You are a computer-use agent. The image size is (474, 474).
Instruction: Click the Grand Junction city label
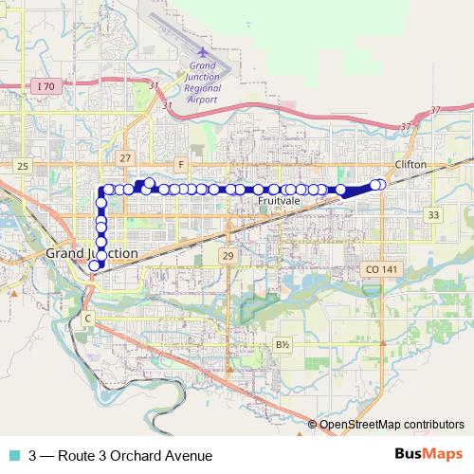point(92,254)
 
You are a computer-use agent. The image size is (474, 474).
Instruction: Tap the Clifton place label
point(410,164)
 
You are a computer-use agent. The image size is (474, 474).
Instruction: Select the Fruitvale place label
point(279,202)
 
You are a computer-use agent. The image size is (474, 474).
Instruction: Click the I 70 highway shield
point(45,86)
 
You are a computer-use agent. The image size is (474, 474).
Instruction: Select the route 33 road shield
point(433,215)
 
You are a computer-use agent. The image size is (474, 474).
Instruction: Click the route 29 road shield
point(228,256)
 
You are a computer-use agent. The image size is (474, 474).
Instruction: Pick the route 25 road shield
point(24,166)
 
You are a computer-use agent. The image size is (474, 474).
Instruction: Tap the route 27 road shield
point(126,157)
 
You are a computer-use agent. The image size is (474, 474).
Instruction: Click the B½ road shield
point(282,344)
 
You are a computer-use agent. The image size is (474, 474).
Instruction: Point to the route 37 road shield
point(408,126)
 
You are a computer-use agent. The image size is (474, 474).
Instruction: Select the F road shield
point(180,163)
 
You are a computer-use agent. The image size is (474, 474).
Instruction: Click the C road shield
point(87,318)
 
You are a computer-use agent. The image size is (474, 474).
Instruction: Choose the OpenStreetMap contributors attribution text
point(392,425)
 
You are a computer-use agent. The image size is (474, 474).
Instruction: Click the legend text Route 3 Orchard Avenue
point(120,456)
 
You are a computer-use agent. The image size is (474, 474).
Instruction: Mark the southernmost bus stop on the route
point(94,265)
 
